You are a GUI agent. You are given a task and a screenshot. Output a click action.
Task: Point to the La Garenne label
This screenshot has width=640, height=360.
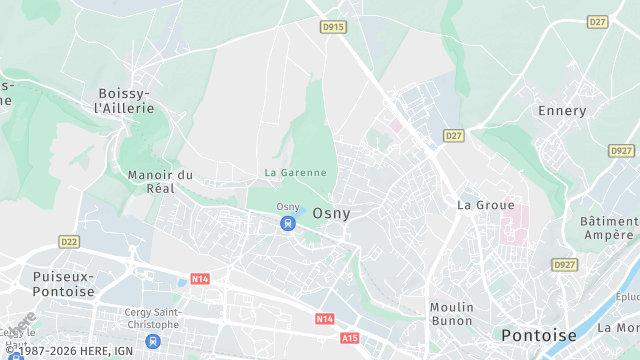(295, 172)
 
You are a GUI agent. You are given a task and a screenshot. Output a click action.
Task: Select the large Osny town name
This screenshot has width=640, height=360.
(331, 213)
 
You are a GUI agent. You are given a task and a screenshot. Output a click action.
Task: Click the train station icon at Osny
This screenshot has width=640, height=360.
(288, 223)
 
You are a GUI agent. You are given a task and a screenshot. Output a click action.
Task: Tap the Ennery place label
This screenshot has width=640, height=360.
(562, 110)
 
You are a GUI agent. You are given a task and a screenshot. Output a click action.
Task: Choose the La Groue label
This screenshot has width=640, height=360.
(478, 204)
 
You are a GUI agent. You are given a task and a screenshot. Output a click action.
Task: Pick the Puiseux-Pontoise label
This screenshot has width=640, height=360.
(63, 283)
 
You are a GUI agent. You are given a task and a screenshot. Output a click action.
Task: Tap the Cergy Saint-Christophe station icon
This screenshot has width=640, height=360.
(153, 342)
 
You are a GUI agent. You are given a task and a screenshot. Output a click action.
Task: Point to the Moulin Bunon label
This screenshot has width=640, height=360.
(451, 314)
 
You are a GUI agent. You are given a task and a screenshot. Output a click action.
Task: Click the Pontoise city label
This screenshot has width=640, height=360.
(539, 335)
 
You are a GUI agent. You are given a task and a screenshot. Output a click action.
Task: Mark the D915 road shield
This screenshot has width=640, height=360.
(333, 28)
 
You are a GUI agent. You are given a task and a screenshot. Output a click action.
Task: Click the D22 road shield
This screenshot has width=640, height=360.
(69, 241)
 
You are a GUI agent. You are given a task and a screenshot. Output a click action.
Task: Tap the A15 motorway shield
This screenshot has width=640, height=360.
(349, 338)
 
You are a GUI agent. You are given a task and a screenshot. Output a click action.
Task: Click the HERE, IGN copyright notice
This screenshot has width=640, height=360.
(69, 351)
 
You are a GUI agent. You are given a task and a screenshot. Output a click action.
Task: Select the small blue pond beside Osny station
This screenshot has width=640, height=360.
(296, 212)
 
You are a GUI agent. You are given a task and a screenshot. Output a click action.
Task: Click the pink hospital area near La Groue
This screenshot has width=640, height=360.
(513, 223)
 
